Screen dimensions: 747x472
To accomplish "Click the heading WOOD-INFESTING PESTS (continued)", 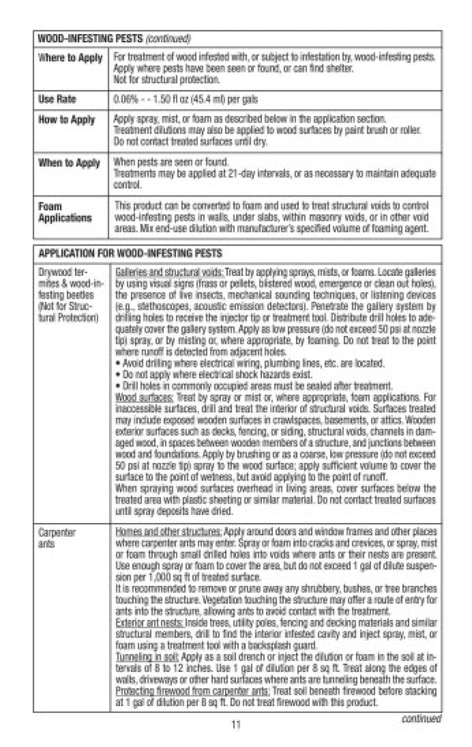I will (x=114, y=38).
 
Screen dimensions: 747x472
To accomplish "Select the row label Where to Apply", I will (x=70, y=58).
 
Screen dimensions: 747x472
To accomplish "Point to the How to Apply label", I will (x=67, y=120).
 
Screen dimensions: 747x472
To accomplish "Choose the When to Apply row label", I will (x=69, y=163).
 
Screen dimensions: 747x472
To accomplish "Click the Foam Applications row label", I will (x=65, y=212).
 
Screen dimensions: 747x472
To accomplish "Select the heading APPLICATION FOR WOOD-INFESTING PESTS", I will (x=130, y=253).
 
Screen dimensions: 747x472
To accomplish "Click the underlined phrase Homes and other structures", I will (x=168, y=532).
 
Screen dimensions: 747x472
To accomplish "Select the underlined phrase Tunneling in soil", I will (x=147, y=657).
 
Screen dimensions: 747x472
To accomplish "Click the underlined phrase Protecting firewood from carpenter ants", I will (x=193, y=691).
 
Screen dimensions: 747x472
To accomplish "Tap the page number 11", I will (x=236, y=724).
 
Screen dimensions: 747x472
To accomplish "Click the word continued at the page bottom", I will (x=421, y=719).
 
